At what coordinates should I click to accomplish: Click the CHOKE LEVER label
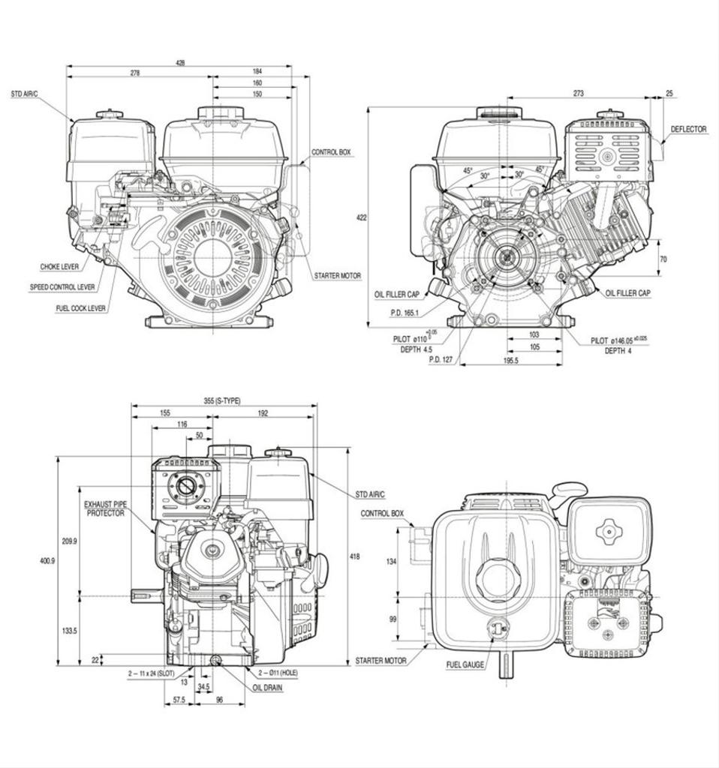coord(60,266)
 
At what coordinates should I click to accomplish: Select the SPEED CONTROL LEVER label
coord(62,287)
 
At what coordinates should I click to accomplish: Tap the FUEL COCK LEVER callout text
coord(80,308)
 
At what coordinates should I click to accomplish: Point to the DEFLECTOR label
coord(688,129)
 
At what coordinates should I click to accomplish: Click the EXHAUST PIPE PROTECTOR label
coord(104,508)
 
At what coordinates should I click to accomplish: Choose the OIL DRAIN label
coord(268,687)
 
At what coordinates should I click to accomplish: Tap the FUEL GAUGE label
coord(465,664)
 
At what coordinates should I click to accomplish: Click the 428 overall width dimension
coord(180,63)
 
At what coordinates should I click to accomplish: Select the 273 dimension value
coord(578,94)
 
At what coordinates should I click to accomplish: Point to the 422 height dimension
coord(361,217)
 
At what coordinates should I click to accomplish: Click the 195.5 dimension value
coord(511,361)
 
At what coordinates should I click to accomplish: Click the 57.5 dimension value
coord(179,699)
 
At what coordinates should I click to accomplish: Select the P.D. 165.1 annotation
coord(405,313)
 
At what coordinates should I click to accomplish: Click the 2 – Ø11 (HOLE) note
coord(278,673)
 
